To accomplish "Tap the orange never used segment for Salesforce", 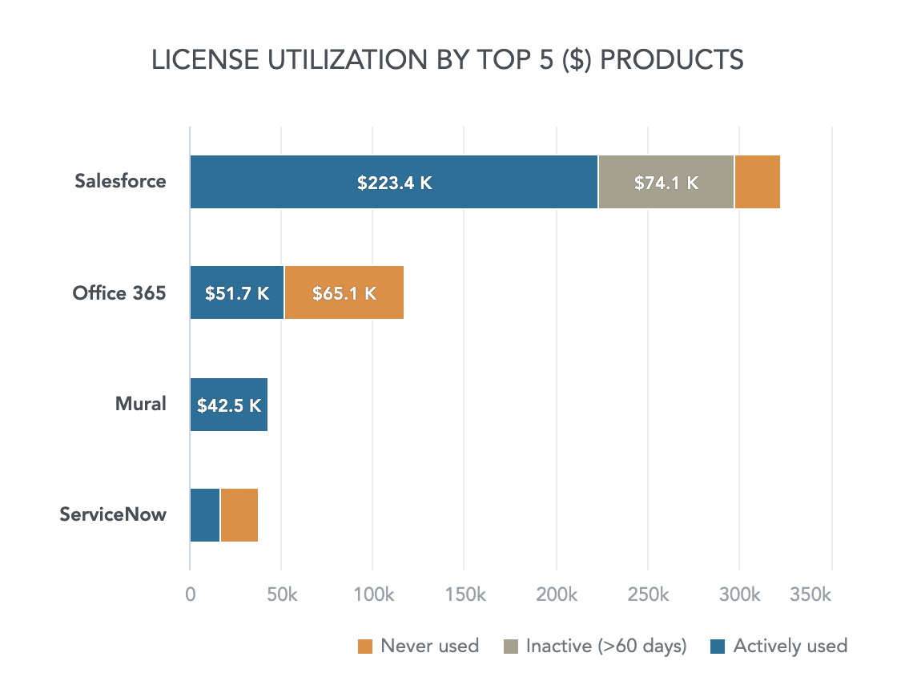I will coord(757,183).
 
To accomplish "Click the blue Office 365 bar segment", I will coord(236,293).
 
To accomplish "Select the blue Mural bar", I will coord(228,405).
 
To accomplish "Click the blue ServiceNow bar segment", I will coord(205,515).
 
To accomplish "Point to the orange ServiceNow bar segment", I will coord(239,515).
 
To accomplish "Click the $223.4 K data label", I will coord(395,183).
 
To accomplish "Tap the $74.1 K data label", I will coord(666,183).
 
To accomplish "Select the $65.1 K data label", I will coord(344,293).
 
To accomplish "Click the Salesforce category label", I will coord(120,181).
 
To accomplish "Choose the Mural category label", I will coord(140,403).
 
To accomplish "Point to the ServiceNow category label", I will coord(113,514).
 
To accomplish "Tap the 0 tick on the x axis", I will coord(190,595).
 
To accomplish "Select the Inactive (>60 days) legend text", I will coord(606,647).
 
